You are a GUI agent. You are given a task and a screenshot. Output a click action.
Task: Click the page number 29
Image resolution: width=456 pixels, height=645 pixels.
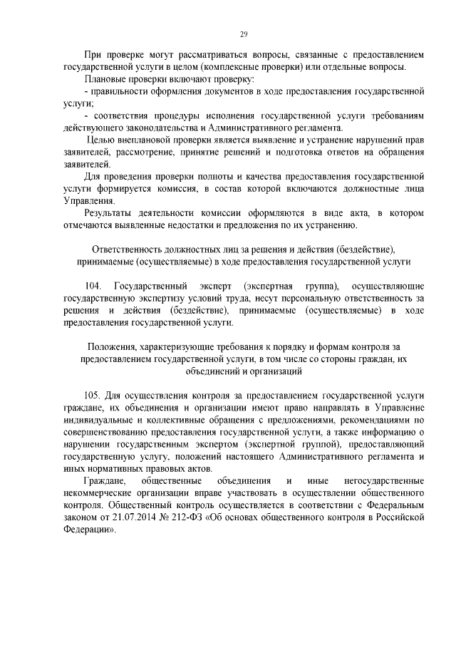point(243,34)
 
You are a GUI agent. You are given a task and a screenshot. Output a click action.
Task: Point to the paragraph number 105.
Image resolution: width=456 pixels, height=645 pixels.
point(94,394)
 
